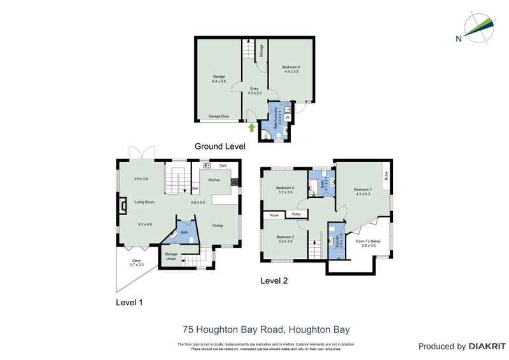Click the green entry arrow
coord(252,128)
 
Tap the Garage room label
coord(219,76)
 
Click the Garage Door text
coord(220,116)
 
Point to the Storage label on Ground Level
coord(261,51)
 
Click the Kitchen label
coord(214,180)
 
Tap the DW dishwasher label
coord(223,166)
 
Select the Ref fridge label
coord(195,190)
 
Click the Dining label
coord(218,225)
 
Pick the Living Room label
coord(144,202)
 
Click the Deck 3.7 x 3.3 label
coord(137,261)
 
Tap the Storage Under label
coord(171,256)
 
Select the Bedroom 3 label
coord(284,188)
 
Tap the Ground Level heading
coord(220,146)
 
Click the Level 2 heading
coord(275,280)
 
